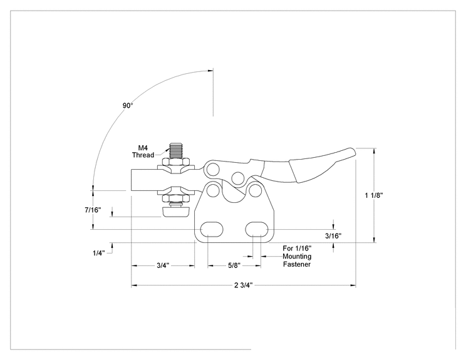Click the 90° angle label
pyautogui.click(x=128, y=105)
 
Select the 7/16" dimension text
pyautogui.click(x=93, y=210)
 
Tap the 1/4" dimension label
pyautogui.click(x=99, y=253)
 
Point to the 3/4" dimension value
pyautogui.click(x=163, y=265)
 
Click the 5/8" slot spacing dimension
pyautogui.click(x=234, y=265)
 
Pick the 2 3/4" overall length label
pyautogui.click(x=244, y=285)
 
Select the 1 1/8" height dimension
pyautogui.click(x=374, y=195)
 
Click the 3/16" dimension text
pyautogui.click(x=333, y=236)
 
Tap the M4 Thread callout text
pyautogui.click(x=143, y=152)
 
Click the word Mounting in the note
pyautogui.click(x=297, y=256)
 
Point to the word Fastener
pyautogui.click(x=297, y=264)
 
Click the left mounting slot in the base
pyautogui.click(x=212, y=229)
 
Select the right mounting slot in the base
pyautogui.click(x=257, y=229)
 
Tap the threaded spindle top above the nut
pyautogui.click(x=176, y=151)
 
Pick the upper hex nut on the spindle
pyautogui.click(x=175, y=162)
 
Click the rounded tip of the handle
pyautogui.click(x=351, y=152)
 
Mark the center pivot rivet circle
pyautogui.click(x=237, y=178)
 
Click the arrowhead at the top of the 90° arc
pyautogui.click(x=210, y=71)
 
